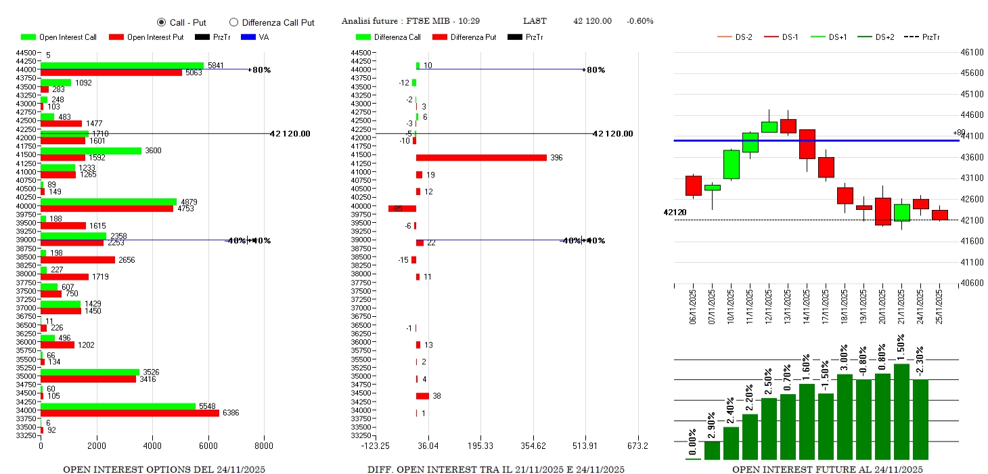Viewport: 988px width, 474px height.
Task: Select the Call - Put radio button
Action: coord(161,22)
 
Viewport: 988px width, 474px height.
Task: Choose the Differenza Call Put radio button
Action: coord(233,22)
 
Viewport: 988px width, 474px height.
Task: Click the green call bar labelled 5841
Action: coord(122,66)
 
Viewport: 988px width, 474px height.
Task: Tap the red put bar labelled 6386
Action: coord(130,412)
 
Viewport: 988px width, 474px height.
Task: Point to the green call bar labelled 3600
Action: coord(91,150)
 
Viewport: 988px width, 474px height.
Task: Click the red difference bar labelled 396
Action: coord(481,158)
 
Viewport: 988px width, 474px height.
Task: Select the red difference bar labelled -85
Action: coord(402,209)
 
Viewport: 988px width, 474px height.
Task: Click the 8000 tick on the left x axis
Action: coord(264,446)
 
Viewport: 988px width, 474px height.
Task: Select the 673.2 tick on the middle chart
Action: coord(637,446)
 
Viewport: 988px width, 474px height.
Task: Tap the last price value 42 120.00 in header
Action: coord(592,21)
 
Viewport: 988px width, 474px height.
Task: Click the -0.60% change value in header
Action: coord(640,21)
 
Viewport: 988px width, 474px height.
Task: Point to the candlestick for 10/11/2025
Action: coord(731,165)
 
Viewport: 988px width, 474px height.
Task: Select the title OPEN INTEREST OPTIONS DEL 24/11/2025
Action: coord(164,469)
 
